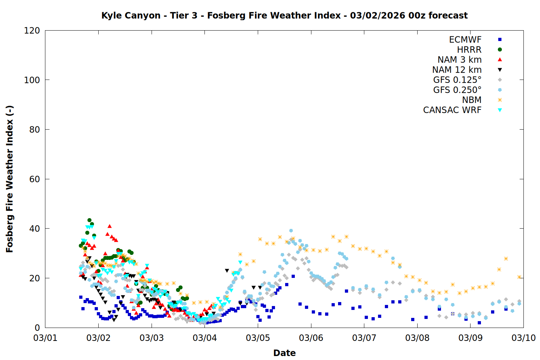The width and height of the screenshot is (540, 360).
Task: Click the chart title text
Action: pyautogui.click(x=284, y=15)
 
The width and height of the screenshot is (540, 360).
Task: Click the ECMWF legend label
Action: pyautogui.click(x=465, y=40)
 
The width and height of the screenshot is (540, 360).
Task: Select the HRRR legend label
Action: pyautogui.click(x=469, y=50)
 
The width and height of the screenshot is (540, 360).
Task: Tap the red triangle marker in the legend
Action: pyautogui.click(x=500, y=59)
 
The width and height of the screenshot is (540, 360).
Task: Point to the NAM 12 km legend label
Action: pyautogui.click(x=457, y=70)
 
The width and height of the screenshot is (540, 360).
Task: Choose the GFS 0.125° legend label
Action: pyautogui.click(x=457, y=80)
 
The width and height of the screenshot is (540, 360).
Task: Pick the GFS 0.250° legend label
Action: pyautogui.click(x=457, y=90)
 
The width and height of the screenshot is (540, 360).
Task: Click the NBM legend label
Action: pyautogui.click(x=472, y=100)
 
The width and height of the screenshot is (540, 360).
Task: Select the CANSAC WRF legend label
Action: pyautogui.click(x=452, y=110)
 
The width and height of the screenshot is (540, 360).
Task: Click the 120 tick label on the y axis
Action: pyautogui.click(x=32, y=31)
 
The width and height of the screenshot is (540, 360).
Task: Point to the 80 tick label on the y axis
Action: pyautogui.click(x=35, y=130)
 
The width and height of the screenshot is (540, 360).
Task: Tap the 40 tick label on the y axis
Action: pyautogui.click(x=35, y=229)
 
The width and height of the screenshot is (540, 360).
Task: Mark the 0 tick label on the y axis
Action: pyautogui.click(x=37, y=328)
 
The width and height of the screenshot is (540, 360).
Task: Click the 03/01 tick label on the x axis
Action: pyautogui.click(x=45, y=338)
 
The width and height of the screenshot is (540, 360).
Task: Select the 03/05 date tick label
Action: pyautogui.click(x=258, y=338)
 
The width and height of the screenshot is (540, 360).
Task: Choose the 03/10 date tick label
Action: pyautogui.click(x=523, y=338)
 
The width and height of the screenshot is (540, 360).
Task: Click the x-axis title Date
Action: pyautogui.click(x=284, y=353)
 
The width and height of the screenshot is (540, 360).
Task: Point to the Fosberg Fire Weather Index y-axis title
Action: pyautogui.click(x=10, y=179)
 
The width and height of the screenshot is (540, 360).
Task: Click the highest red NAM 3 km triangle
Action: pyautogui.click(x=109, y=226)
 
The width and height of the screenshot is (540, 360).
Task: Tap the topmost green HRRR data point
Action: pyautogui.click(x=89, y=220)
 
